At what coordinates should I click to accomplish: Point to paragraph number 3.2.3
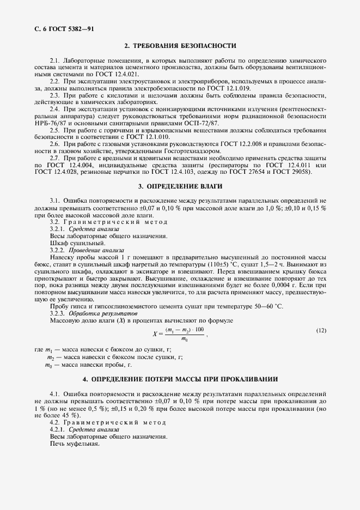(58, 314)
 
